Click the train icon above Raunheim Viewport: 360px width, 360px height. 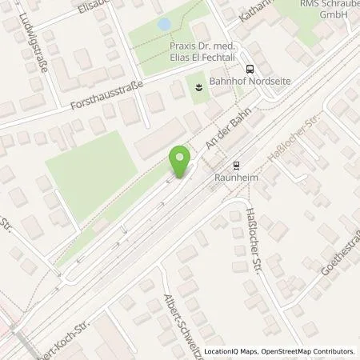pos(235,166)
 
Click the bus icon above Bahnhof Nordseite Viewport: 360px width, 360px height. pos(250,69)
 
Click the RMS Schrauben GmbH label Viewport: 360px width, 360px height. pos(325,9)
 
